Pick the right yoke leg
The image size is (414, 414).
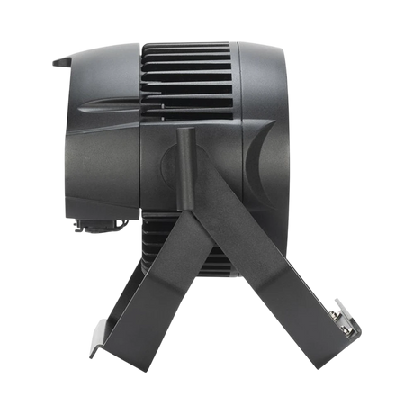[261, 270]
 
